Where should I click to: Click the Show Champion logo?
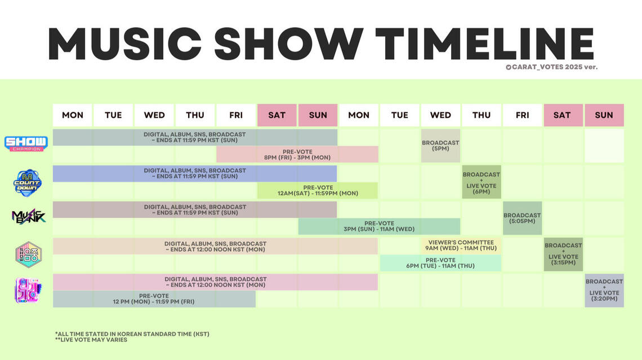(26, 144)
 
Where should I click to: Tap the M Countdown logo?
(27, 183)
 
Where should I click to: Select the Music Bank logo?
(28, 216)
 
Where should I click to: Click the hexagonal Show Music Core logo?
(28, 254)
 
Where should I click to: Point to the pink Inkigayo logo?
(28, 290)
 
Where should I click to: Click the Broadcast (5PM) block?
(440, 146)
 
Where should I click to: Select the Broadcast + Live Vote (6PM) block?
(481, 182)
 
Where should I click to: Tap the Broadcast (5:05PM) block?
(523, 218)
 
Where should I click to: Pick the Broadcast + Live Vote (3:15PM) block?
(563, 254)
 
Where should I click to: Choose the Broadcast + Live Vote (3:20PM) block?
(604, 290)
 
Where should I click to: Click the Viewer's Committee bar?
(461, 245)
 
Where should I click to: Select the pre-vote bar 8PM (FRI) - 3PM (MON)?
(297, 154)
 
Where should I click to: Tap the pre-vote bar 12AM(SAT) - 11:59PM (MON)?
(318, 190)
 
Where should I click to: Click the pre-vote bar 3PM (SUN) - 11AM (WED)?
(379, 226)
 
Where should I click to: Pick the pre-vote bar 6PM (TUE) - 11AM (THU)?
(440, 263)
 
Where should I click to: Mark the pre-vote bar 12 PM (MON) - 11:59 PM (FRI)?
(154, 299)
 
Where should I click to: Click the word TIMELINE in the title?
(484, 44)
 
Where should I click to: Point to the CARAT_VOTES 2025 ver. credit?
(551, 67)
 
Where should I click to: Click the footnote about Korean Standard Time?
(132, 334)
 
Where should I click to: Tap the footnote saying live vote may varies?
(91, 340)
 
